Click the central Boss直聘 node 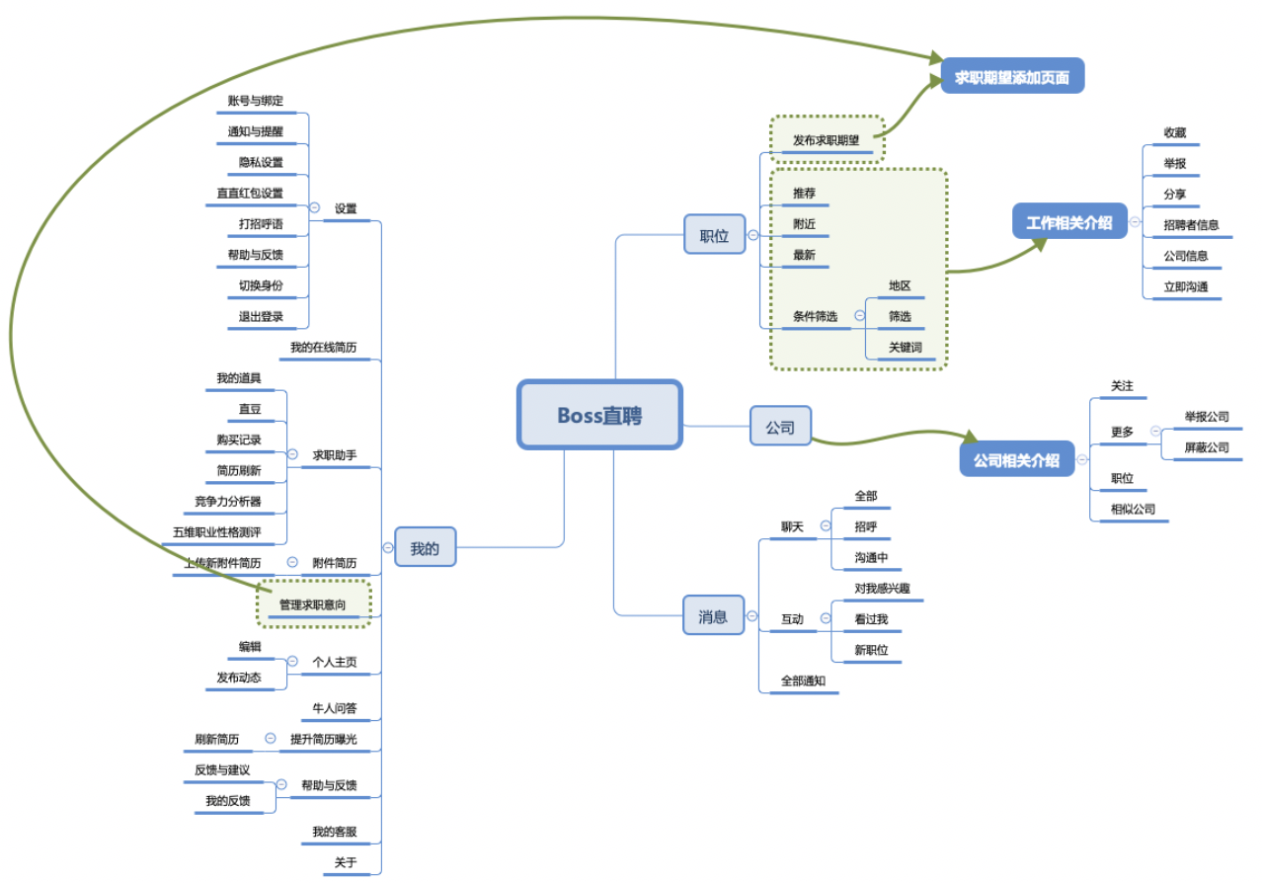tap(599, 415)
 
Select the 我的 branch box tap(425, 547)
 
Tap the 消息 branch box tap(713, 615)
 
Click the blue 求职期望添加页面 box tap(1012, 76)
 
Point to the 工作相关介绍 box tap(1068, 222)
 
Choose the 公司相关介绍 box tap(1016, 459)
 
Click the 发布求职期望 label tap(826, 140)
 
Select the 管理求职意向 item tap(312, 603)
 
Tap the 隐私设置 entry tap(261, 162)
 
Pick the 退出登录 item tap(261, 317)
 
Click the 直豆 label tap(250, 408)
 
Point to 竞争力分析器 tap(228, 501)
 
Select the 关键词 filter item tap(905, 347)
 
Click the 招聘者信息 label tap(1190, 224)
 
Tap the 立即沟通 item tap(1185, 286)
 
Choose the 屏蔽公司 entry tap(1207, 447)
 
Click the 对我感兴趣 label tap(882, 588)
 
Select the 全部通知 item tap(803, 681)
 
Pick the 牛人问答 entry tap(335, 708)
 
